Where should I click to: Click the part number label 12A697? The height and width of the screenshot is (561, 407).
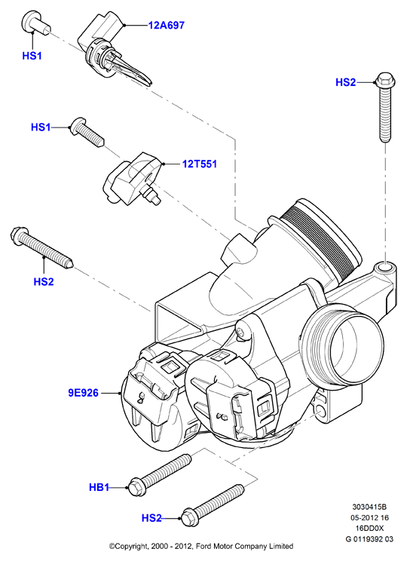click(x=167, y=26)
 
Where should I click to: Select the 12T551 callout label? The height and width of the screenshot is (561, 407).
click(x=200, y=164)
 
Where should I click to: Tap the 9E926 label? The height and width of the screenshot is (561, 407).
click(x=84, y=393)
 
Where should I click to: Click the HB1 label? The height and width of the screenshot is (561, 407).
click(x=99, y=487)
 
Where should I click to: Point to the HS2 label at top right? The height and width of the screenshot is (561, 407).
click(x=345, y=82)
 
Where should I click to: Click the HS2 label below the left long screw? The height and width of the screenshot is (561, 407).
click(x=44, y=282)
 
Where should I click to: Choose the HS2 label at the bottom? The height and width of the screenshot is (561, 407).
click(x=151, y=518)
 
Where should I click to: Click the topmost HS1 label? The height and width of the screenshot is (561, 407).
click(x=32, y=56)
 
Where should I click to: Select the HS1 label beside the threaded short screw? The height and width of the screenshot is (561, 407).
click(x=41, y=127)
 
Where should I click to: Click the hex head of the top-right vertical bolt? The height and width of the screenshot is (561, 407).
click(x=385, y=80)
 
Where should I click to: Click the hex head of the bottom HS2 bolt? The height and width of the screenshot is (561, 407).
click(x=189, y=519)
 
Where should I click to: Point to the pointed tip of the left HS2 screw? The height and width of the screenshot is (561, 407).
click(x=72, y=265)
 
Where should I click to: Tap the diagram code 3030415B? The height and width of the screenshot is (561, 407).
click(x=369, y=507)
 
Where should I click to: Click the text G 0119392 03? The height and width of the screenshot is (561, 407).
click(x=369, y=539)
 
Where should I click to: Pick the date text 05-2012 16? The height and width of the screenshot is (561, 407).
click(x=369, y=518)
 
